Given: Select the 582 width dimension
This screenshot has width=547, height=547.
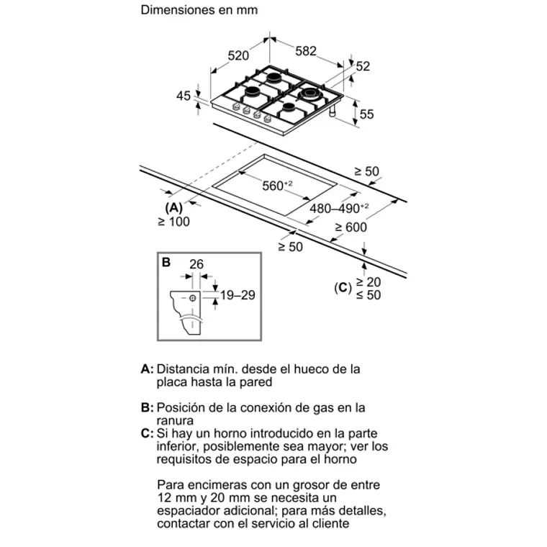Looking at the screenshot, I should (x=307, y=51).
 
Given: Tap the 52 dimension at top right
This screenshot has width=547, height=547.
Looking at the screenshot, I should (x=362, y=66).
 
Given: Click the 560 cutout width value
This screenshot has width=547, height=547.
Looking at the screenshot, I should (x=275, y=186).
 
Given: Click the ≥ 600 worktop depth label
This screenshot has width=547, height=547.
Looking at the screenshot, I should (x=351, y=227).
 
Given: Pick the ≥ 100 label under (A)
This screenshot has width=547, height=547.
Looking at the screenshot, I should (x=173, y=222).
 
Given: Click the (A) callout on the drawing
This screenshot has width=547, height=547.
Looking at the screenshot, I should (x=173, y=207).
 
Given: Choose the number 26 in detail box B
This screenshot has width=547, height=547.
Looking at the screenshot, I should (x=196, y=265).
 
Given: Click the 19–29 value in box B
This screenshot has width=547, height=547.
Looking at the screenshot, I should (x=238, y=295).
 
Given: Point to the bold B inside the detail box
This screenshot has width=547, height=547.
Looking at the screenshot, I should (x=166, y=263).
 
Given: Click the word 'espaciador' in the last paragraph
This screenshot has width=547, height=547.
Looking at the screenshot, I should (x=189, y=511).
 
